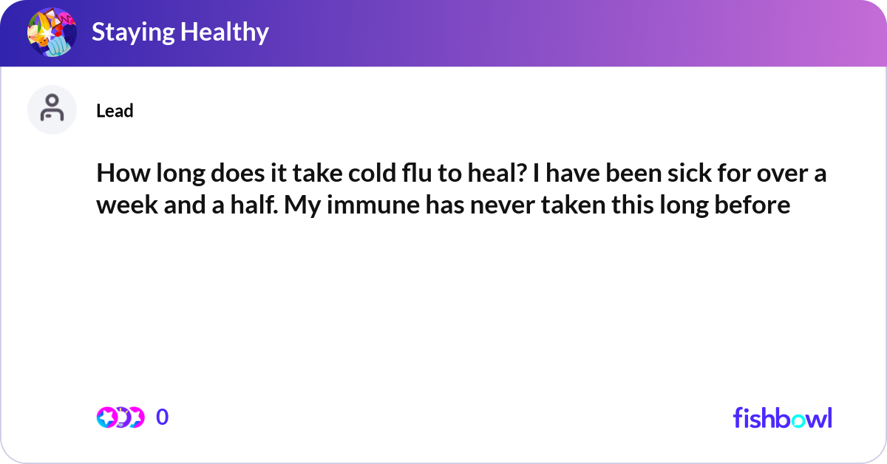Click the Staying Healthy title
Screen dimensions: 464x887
pyautogui.click(x=180, y=32)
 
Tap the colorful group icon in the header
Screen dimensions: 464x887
pyautogui.click(x=52, y=32)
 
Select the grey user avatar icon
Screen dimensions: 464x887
pyautogui.click(x=52, y=109)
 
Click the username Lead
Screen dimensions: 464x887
pyautogui.click(x=115, y=111)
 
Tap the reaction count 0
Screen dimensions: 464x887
pyautogui.click(x=162, y=417)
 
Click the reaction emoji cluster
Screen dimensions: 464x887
pyautogui.click(x=120, y=417)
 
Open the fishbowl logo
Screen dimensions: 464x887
pyautogui.click(x=782, y=417)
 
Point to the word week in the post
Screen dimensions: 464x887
pyautogui.click(x=121, y=205)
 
